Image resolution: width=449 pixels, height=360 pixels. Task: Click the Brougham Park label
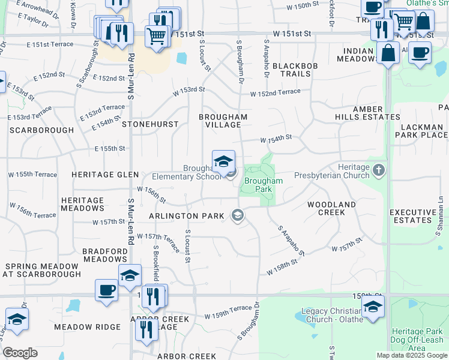(x=263, y=184)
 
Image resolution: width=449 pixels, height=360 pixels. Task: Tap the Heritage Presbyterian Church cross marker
(x=378, y=170)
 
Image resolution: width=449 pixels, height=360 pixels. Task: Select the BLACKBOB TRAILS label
(x=291, y=70)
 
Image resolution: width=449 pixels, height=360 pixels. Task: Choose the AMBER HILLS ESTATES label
(x=367, y=113)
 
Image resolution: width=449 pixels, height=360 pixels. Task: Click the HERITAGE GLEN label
(x=105, y=174)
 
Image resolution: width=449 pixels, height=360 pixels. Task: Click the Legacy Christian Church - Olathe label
(x=334, y=315)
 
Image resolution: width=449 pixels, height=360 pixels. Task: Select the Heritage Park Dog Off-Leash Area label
(x=417, y=336)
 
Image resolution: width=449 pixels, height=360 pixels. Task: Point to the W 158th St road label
(x=282, y=267)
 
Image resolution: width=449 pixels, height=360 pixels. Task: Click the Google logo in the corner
(x=20, y=353)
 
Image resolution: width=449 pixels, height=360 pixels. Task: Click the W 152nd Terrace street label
(x=275, y=92)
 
